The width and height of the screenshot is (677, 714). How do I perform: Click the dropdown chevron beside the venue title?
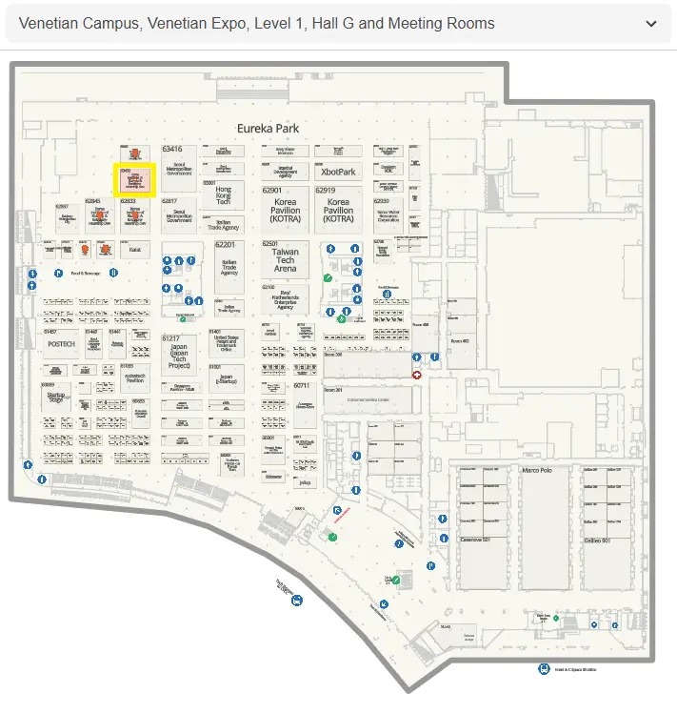coord(651,24)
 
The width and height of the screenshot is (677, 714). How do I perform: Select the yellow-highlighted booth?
coord(134,179)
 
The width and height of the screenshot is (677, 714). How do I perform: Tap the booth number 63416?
coord(172,150)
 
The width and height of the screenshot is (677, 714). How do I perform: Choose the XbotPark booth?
coord(338,173)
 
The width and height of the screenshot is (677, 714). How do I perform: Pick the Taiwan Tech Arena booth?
coord(286,260)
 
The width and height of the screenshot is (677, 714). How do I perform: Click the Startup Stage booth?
coord(55,398)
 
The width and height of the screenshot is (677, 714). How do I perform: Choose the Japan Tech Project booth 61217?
coord(178,354)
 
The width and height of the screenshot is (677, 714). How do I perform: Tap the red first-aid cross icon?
coord(416,375)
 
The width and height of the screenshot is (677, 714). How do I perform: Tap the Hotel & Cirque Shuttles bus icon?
coord(544,669)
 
